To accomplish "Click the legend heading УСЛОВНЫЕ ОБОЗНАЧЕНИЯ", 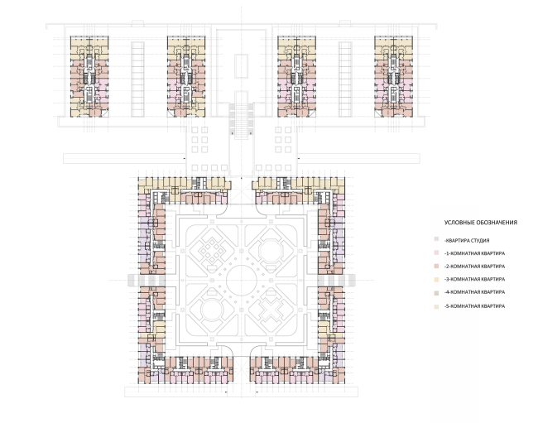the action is [480, 223].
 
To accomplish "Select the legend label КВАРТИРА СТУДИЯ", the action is [468, 241].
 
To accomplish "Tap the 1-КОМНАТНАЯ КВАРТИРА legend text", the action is [474, 253].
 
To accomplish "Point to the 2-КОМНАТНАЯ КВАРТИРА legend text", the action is [474, 267].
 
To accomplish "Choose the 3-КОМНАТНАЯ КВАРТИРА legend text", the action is [474, 279].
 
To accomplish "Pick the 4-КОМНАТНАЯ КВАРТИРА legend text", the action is [474, 292].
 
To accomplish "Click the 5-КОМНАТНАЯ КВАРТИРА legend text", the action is [474, 306].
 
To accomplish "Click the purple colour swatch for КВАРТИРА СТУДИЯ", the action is [436, 239].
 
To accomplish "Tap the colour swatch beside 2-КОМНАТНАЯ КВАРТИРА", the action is [436, 266].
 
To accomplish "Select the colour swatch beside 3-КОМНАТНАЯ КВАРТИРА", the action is [436, 279].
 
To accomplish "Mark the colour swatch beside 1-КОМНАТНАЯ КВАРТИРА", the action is [436, 252].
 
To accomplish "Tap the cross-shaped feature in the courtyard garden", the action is [271, 310].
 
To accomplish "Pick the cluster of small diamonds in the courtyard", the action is [212, 251].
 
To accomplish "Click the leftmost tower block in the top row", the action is [89, 76].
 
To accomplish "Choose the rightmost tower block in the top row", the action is [393, 76].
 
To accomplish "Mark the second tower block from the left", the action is [186, 76].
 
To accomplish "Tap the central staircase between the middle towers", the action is [242, 120].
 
